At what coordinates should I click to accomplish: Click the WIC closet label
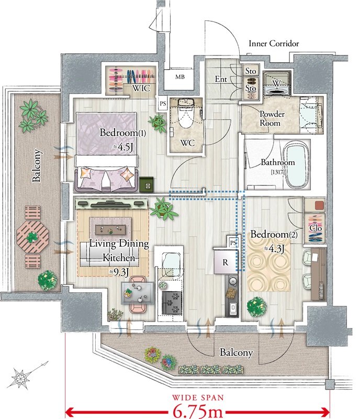(141, 88)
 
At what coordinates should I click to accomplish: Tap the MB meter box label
(179, 77)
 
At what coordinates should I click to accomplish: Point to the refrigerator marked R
(225, 262)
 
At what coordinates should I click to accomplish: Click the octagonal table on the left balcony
(32, 237)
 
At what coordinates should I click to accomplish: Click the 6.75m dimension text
(198, 411)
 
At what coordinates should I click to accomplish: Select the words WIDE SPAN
(198, 398)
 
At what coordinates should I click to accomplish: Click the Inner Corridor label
(274, 43)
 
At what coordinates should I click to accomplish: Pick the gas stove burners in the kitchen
(172, 303)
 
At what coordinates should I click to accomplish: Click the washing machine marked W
(277, 83)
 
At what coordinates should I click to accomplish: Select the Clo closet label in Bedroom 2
(316, 228)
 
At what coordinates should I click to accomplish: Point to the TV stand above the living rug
(111, 204)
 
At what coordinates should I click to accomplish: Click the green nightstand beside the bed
(146, 184)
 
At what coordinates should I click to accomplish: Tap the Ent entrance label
(221, 79)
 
